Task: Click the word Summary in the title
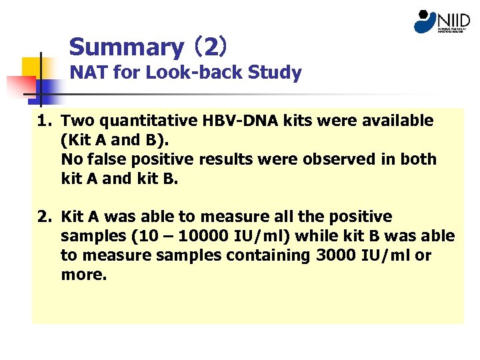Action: point(126,47)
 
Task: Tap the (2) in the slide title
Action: point(211,47)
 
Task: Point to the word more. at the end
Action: point(83,274)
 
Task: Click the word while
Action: point(316,236)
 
